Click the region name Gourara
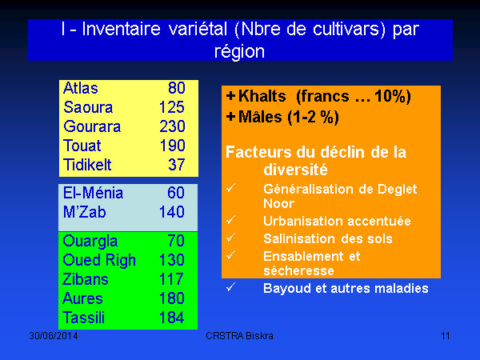[x=92, y=126]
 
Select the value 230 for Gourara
[x=172, y=126]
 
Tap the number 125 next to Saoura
[x=172, y=107]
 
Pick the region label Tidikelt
[x=87, y=165]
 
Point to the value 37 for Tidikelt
[x=176, y=165]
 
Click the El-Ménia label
[x=93, y=193]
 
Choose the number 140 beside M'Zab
[x=172, y=212]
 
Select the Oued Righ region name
[x=99, y=261]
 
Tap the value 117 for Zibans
[x=171, y=279]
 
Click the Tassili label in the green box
[x=83, y=318]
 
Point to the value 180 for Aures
[x=171, y=298]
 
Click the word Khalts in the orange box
[x=262, y=96]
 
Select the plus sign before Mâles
[x=231, y=117]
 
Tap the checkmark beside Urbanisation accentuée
[x=231, y=220]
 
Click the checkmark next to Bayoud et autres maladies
[x=231, y=287]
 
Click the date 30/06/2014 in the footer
[x=54, y=336]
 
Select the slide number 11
[x=446, y=336]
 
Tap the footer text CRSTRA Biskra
[x=239, y=336]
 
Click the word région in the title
[x=239, y=51]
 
